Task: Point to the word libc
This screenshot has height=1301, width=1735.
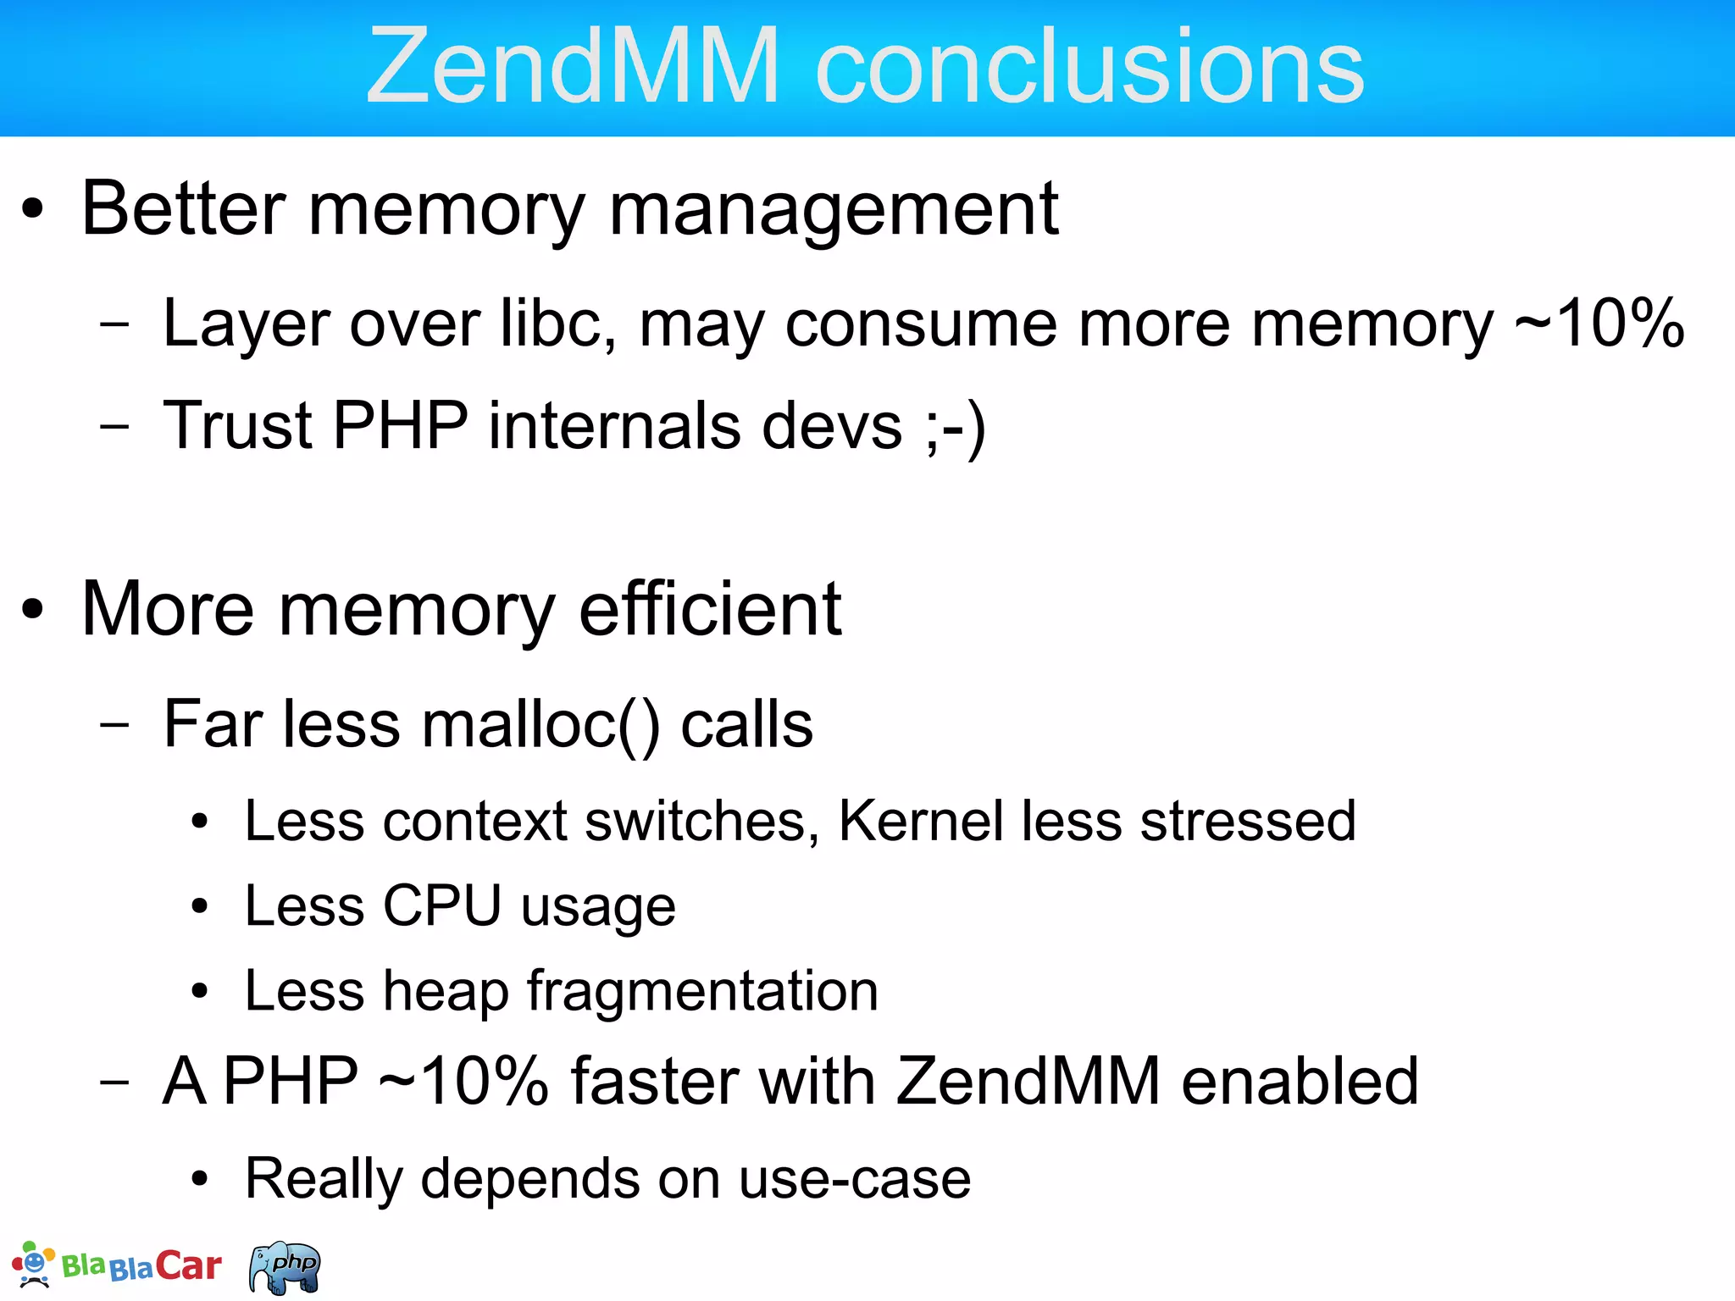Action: (557, 323)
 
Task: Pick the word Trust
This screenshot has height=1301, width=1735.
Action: (238, 424)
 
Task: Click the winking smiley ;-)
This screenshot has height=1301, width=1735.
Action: (956, 426)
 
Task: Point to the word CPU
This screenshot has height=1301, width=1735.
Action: (441, 905)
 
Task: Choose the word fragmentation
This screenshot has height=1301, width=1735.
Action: (702, 991)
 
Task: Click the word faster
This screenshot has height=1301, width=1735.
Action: (723, 1081)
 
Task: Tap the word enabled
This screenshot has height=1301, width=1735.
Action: (1300, 1081)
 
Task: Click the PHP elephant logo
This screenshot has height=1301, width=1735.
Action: (285, 1267)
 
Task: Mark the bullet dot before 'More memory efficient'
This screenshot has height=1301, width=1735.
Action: (32, 609)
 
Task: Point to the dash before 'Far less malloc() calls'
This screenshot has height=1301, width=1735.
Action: (114, 725)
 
